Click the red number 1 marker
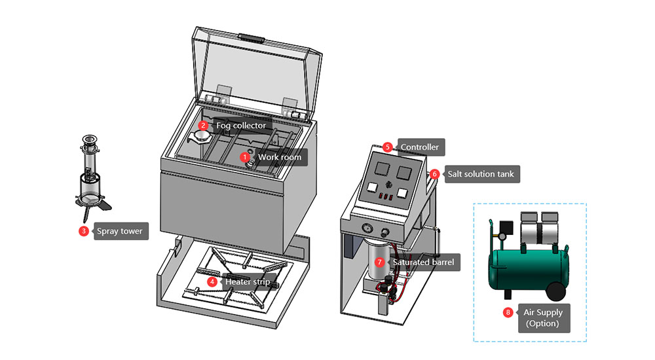[x=245, y=157]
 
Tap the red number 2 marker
[x=203, y=125]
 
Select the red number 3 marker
[x=84, y=231]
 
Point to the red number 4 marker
[x=212, y=281]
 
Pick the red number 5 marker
[x=388, y=147]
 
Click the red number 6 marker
[x=435, y=175]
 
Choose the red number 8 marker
[x=508, y=312]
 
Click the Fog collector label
[x=241, y=125]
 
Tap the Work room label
[x=280, y=157]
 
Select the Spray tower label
[x=119, y=231]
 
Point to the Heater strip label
[x=248, y=282]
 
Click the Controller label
[x=419, y=147]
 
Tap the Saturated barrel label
[x=422, y=262]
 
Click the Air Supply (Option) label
[x=542, y=317]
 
